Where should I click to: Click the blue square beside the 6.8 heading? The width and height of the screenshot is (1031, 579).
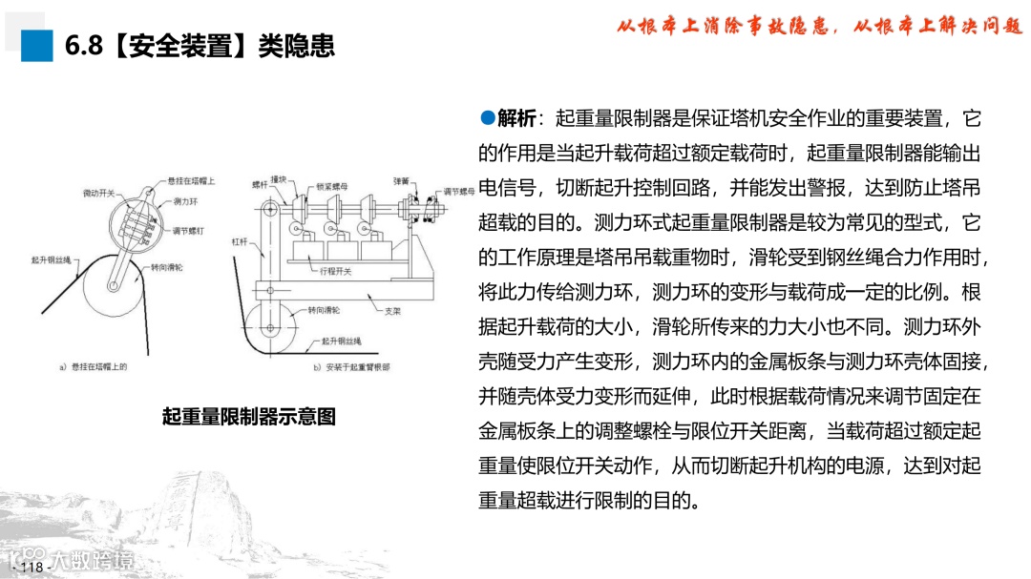click(37, 45)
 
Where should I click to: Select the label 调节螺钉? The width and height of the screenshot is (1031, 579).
click(186, 230)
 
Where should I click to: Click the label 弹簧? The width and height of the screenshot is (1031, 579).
click(400, 178)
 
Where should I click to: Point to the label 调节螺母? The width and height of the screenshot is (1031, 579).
click(457, 192)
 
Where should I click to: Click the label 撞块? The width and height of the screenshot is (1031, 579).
click(279, 178)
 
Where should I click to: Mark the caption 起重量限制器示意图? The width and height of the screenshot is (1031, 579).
click(249, 417)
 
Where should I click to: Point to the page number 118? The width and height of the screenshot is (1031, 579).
click(32, 568)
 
